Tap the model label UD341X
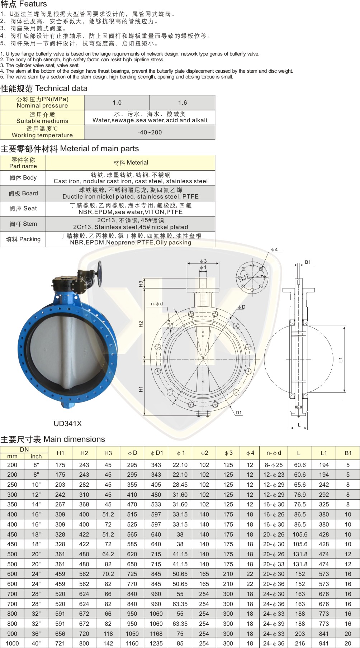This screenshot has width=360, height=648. (x=68, y=424)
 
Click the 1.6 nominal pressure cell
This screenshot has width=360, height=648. (x=183, y=103)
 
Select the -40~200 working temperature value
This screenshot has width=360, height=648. (x=150, y=133)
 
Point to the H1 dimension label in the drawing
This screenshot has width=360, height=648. (x=141, y=389)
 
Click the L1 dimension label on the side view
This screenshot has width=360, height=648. (x=341, y=359)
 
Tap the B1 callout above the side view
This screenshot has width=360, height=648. (x=308, y=262)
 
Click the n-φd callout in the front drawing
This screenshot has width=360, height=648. (x=157, y=304)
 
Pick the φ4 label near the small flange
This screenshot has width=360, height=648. (x=274, y=249)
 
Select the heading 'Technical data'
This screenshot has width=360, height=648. (x=61, y=89)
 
